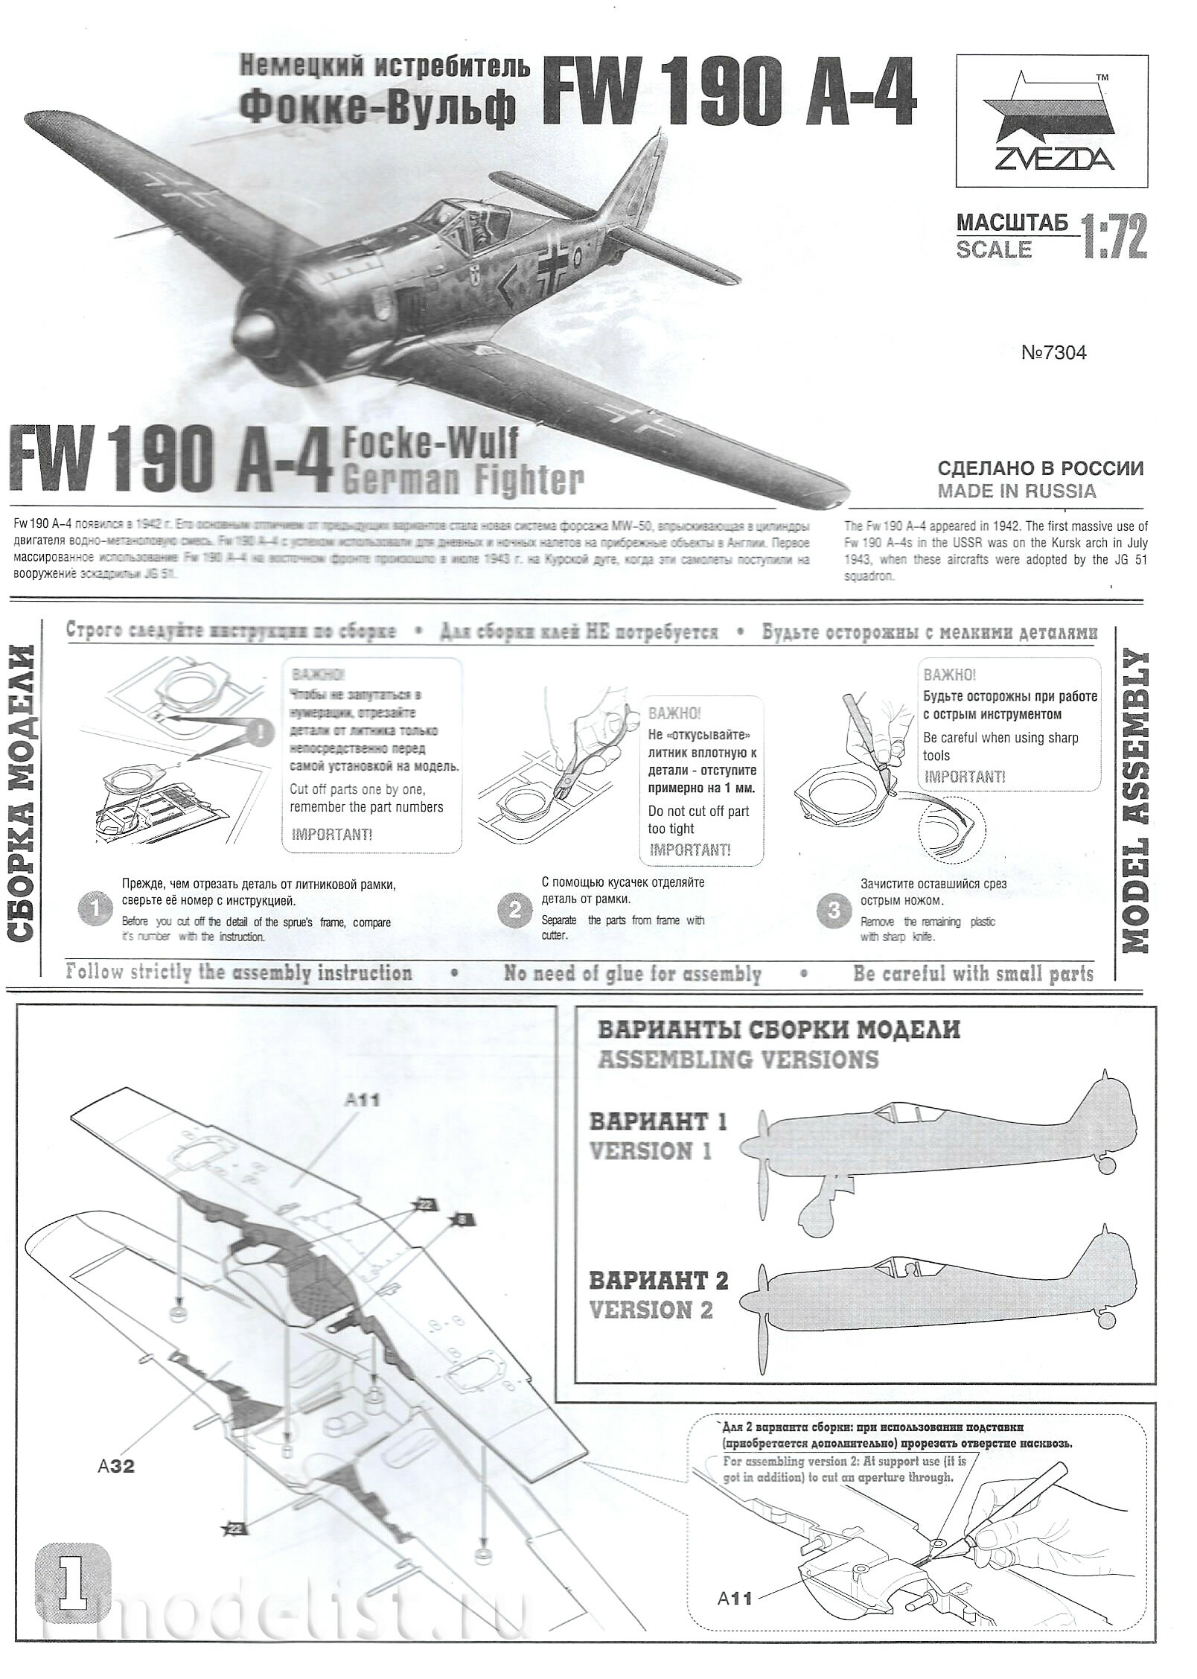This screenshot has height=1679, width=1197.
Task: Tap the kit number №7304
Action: [1053, 353]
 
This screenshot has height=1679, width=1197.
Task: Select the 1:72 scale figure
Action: [1114, 236]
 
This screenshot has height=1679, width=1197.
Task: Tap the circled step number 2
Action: [514, 911]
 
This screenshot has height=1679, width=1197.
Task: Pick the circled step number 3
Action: [834, 911]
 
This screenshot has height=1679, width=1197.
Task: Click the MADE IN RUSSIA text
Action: [1017, 491]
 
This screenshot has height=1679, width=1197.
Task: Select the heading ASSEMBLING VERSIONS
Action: [738, 1060]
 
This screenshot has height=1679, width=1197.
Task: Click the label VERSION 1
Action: [651, 1152]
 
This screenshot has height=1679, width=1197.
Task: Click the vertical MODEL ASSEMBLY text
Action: [1133, 802]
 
